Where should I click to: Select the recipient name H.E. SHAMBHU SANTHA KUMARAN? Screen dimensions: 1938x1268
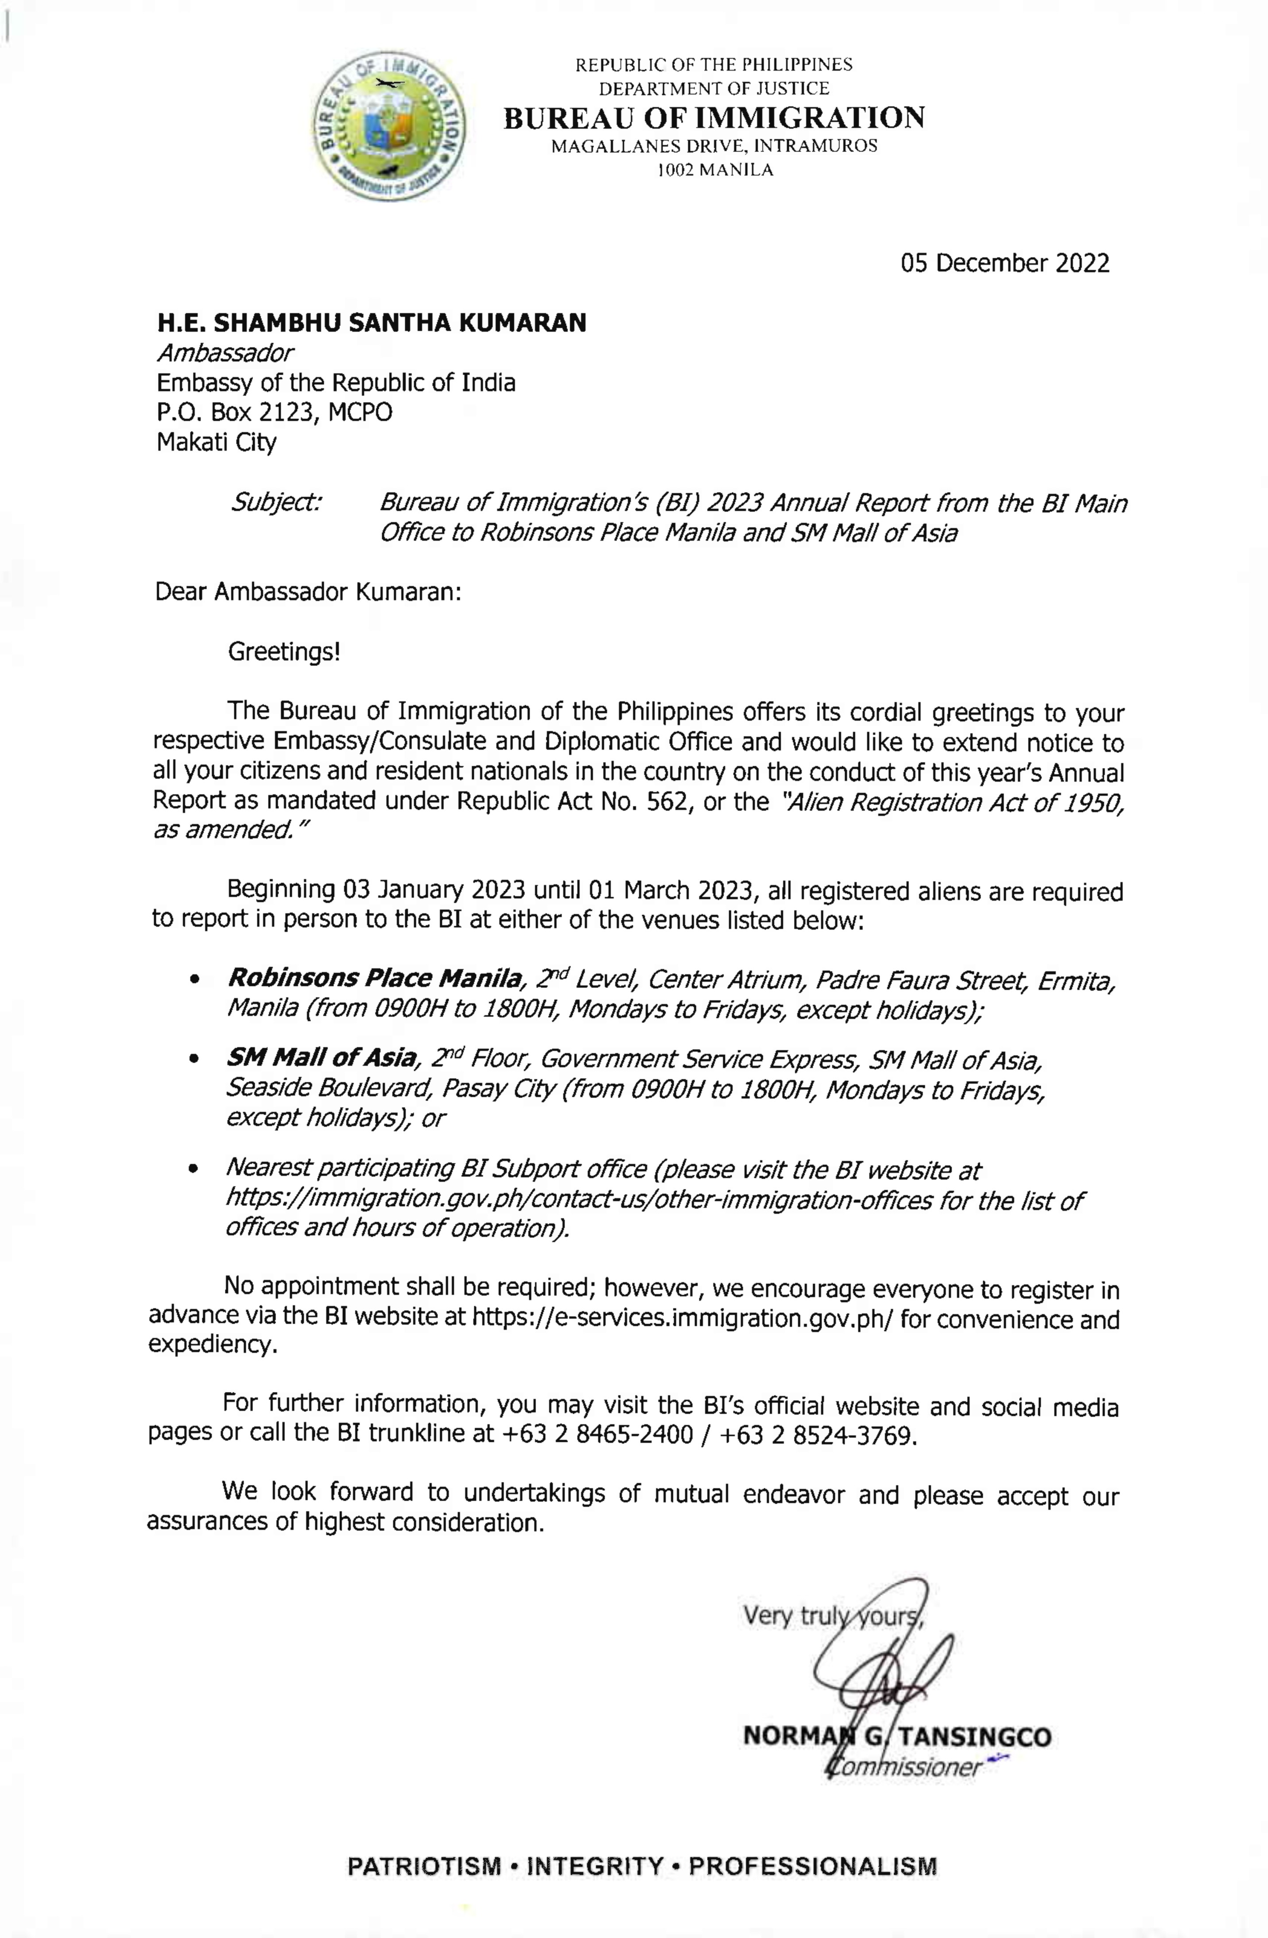371,323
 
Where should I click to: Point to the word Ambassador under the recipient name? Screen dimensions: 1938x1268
225,353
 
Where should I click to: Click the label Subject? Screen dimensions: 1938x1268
277,502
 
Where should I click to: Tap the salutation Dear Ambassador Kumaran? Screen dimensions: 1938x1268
308,591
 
